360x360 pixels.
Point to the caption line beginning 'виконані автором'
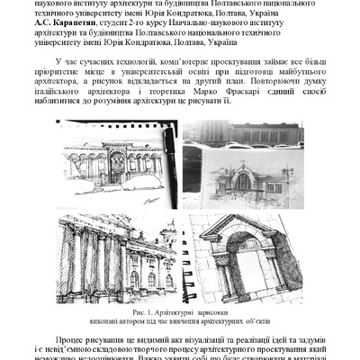tap(179, 321)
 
